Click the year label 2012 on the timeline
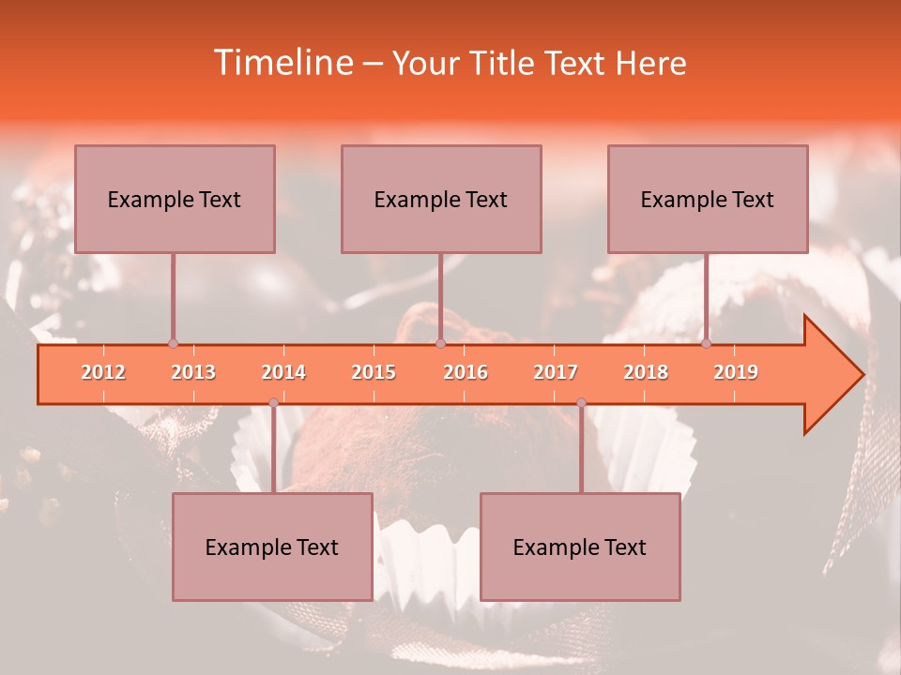(103, 372)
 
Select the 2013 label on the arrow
(193, 372)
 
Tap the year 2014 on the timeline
(283, 372)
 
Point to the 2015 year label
(374, 372)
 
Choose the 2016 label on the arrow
(466, 372)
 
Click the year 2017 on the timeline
(556, 372)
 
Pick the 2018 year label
(646, 372)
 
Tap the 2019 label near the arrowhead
(736, 372)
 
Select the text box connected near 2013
(175, 199)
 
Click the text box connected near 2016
(441, 199)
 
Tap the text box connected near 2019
(708, 199)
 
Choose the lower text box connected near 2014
(272, 547)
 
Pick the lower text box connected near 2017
(580, 547)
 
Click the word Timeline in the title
(282, 63)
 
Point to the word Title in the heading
(505, 63)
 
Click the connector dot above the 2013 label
(173, 344)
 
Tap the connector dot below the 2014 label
(273, 403)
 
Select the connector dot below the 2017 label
(581, 403)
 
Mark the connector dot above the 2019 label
(706, 344)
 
